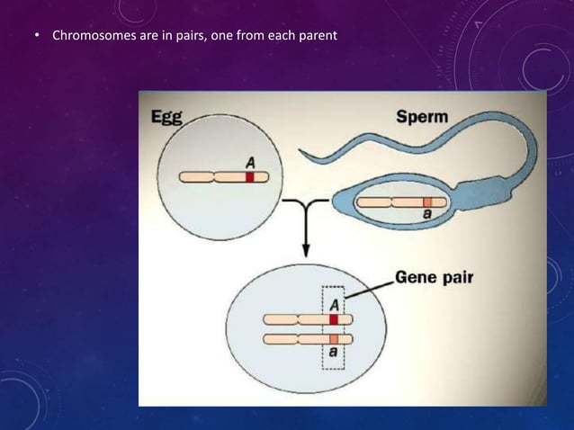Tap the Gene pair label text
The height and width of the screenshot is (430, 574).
tap(434, 278)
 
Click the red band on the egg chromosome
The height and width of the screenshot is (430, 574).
tap(250, 177)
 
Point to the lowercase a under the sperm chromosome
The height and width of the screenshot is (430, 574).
tap(428, 217)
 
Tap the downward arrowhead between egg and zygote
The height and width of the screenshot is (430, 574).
tap(305, 254)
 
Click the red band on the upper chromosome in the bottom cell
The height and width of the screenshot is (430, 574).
tap(333, 319)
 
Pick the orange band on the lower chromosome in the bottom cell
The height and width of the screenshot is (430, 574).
tap(333, 338)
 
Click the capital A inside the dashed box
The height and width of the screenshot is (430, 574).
tap(333, 303)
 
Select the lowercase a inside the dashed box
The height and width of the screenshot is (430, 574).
tap(333, 354)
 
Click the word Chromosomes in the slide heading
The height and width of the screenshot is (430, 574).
tap(94, 37)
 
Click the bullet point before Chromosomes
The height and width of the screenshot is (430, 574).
tap(38, 38)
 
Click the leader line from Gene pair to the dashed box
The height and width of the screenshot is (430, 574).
tap(369, 289)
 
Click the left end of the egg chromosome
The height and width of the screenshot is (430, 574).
tap(184, 177)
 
